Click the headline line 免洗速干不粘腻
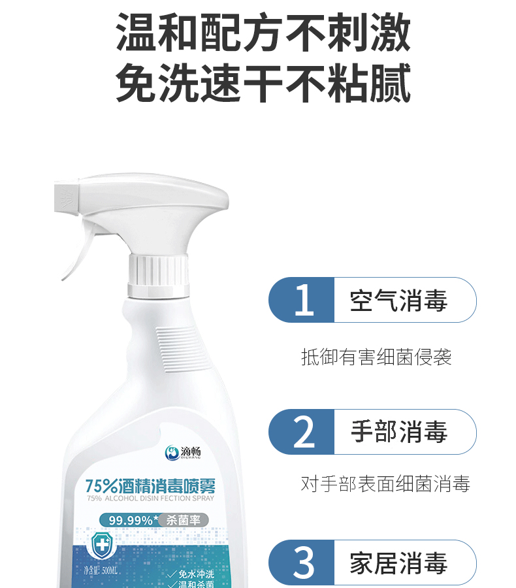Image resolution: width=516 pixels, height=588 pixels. coord(263,83)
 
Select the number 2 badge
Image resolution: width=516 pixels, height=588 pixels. coord(303,432)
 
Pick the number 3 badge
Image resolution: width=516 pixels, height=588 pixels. coord(303,563)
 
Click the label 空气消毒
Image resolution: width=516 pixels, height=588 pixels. coord(398,301)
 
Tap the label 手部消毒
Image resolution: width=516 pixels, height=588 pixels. coord(398,432)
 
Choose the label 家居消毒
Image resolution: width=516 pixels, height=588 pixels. coord(398,563)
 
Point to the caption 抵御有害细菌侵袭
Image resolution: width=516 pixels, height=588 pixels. coord(376,357)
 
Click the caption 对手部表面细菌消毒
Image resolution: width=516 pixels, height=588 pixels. coord(385,484)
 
